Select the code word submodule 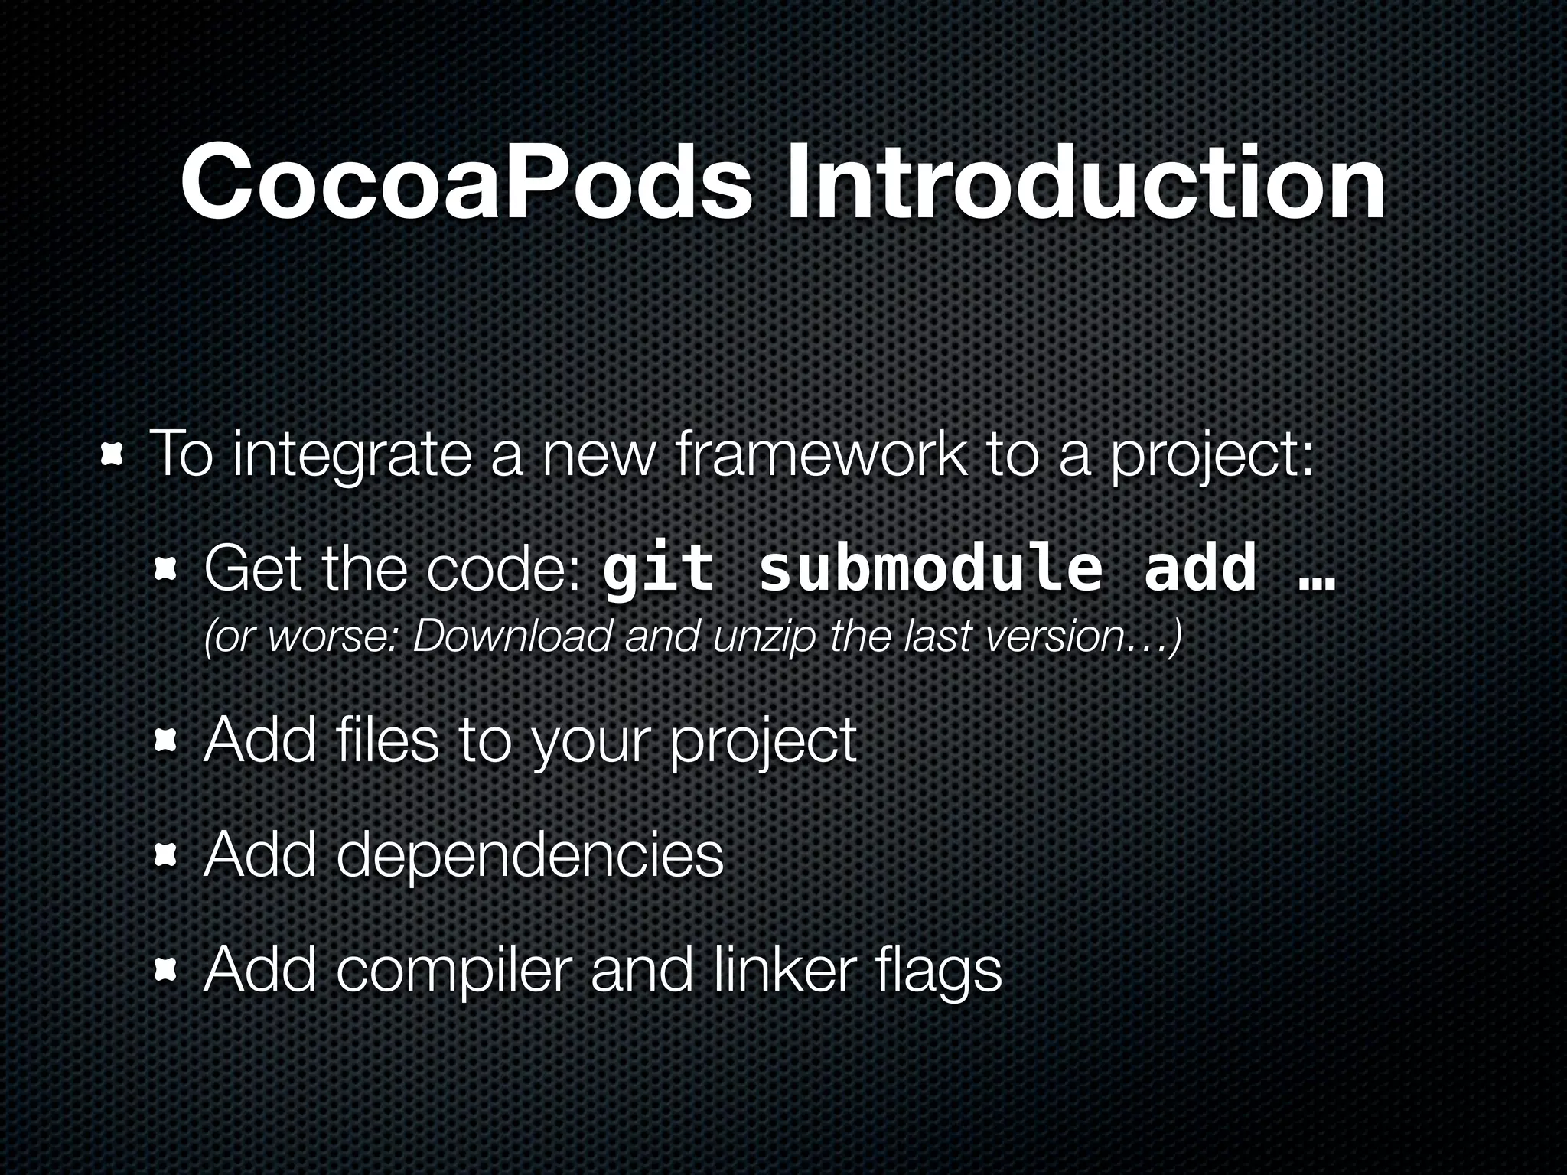pos(930,568)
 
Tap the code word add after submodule pos(1200,568)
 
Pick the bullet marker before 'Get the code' pos(166,569)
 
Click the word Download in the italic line pos(513,636)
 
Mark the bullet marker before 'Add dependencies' pos(166,856)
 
